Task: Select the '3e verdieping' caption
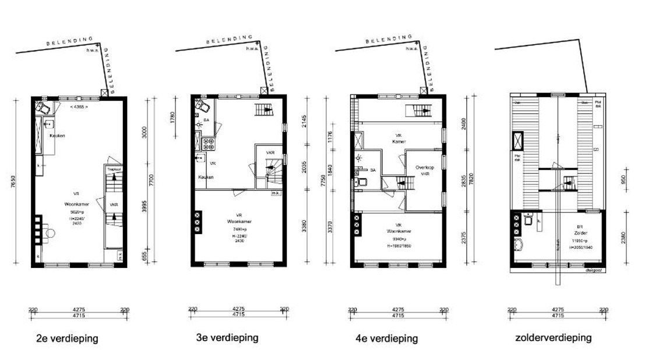tap(227, 338)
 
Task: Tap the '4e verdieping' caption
tap(386, 338)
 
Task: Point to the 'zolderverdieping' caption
tap(553, 338)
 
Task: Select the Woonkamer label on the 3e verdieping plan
tap(238, 221)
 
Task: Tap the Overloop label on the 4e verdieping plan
tap(425, 167)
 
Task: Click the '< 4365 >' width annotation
tap(78, 108)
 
